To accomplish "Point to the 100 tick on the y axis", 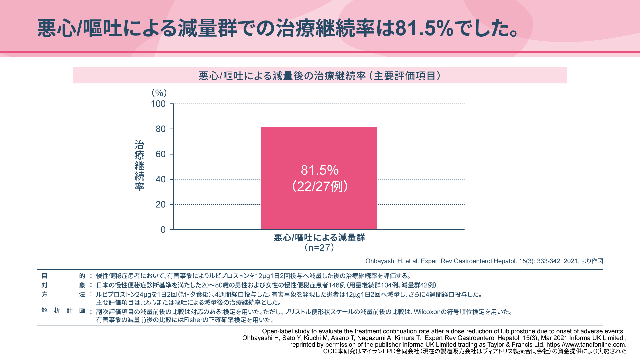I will [158, 104].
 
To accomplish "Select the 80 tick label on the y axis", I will [161, 129].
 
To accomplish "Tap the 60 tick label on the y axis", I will [161, 154].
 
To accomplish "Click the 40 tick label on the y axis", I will [161, 179].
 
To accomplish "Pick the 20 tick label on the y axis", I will [161, 205].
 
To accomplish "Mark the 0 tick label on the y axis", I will [163, 230].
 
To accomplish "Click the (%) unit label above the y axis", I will [159, 93].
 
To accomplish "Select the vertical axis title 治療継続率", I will [139, 165].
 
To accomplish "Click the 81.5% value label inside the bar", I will [320, 170].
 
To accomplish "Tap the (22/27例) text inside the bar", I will [320, 186].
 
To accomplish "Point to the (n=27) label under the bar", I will [319, 247].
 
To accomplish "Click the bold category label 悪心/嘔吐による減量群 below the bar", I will [319, 237].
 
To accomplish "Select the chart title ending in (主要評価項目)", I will [320, 76].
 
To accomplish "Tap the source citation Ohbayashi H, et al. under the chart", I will [484, 261].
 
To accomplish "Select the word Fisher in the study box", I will [193, 320].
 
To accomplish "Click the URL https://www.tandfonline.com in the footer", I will [586, 345].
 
